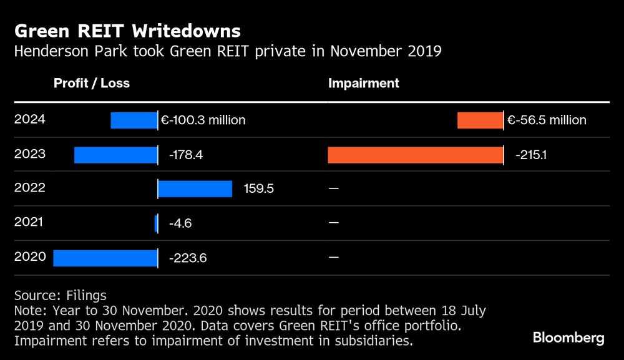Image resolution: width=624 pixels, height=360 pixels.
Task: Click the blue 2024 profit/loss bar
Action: point(134,120)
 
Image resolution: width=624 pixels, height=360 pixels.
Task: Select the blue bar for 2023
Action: point(115,155)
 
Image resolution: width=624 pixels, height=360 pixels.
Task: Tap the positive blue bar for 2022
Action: point(195,189)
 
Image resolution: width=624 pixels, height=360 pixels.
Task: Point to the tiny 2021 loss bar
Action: point(156,223)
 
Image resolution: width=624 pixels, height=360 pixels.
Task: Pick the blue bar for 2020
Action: point(105,258)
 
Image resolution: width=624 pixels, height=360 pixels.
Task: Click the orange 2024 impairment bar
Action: point(480,120)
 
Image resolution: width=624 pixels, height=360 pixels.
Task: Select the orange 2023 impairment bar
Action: point(415,155)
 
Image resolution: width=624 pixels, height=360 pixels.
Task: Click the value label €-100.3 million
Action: point(203,120)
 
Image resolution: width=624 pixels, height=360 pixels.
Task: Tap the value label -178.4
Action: point(186,155)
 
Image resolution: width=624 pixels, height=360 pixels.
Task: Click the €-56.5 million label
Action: point(547,120)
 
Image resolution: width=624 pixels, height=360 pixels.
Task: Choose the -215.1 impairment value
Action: point(532,155)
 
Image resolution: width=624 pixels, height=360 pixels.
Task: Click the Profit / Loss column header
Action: point(92,84)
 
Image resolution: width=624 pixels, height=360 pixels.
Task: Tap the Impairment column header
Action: point(364,84)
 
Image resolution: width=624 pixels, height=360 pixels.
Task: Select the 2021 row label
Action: point(29,222)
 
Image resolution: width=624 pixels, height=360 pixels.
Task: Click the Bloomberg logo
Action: point(568,338)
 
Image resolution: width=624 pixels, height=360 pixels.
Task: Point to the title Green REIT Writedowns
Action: point(127,31)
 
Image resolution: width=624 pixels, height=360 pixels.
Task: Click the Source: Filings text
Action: point(60,295)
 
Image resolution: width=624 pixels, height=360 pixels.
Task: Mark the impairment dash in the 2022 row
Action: point(333,188)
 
